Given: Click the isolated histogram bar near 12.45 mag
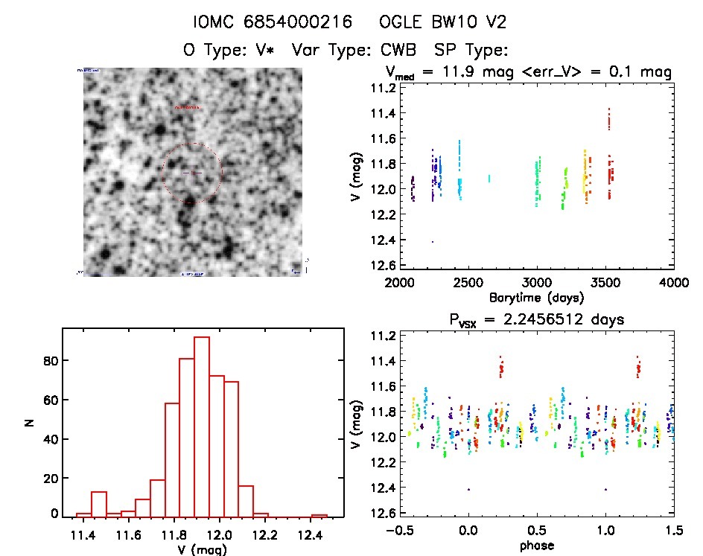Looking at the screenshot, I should coord(319,516).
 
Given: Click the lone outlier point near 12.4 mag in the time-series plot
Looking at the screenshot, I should coord(433,242).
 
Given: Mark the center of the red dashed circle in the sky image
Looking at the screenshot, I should coord(192,173).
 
